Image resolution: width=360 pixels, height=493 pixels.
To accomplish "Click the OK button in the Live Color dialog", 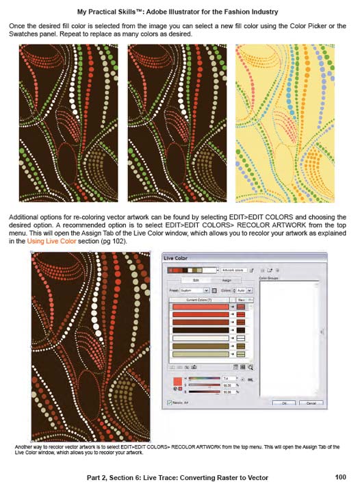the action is coord(283,403).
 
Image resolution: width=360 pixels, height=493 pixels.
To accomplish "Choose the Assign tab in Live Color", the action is coord(227,281).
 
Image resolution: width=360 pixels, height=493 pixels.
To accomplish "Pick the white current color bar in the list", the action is coord(201,338).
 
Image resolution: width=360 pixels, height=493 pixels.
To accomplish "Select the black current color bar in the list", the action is coord(201,329).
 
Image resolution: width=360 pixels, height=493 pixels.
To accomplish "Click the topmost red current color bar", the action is coord(201,307).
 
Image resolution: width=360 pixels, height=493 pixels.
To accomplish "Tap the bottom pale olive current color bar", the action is coord(201,355).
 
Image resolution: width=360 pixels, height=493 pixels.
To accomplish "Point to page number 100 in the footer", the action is coord(340,477).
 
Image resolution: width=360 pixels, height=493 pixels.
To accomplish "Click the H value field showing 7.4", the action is coord(228,377).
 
